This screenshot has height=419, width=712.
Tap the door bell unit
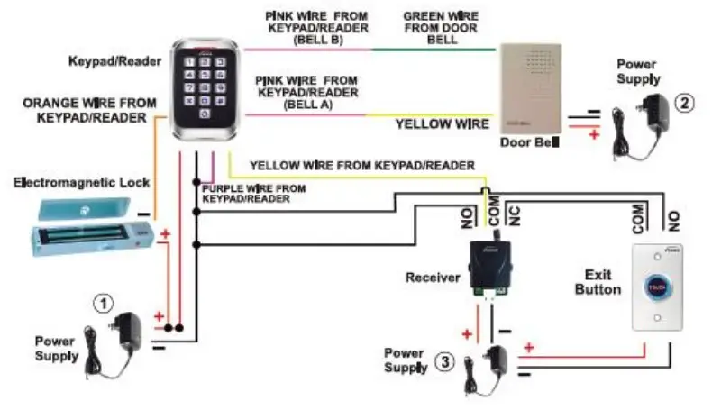pyautogui.click(x=530, y=87)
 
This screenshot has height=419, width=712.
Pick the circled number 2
pyautogui.click(x=686, y=103)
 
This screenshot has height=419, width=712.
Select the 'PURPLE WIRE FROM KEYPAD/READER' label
pyautogui.click(x=253, y=194)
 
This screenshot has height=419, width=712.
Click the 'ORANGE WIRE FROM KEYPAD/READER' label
pyautogui.click(x=87, y=110)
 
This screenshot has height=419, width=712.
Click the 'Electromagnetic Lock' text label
pyautogui.click(x=81, y=183)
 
